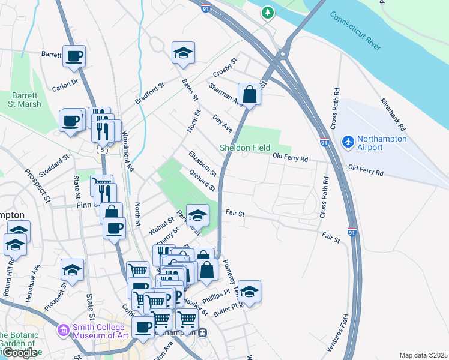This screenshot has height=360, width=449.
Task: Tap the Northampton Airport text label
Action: point(382,143)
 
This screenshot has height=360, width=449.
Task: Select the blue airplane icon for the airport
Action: point(347,142)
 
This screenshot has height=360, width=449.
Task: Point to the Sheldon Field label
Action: point(244,148)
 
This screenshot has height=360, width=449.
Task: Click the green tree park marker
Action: point(268,12)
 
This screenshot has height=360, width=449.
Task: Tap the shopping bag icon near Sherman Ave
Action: point(250,94)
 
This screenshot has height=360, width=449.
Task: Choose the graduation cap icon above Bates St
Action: point(184,53)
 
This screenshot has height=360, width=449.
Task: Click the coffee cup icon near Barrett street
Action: point(74,56)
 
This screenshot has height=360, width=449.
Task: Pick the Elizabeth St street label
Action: point(202,164)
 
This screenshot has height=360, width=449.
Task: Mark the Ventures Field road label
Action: point(346,333)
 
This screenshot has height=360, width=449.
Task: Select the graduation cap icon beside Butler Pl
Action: point(250,292)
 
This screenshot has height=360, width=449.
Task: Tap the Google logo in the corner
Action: point(20,353)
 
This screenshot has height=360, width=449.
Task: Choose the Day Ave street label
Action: point(223,124)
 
